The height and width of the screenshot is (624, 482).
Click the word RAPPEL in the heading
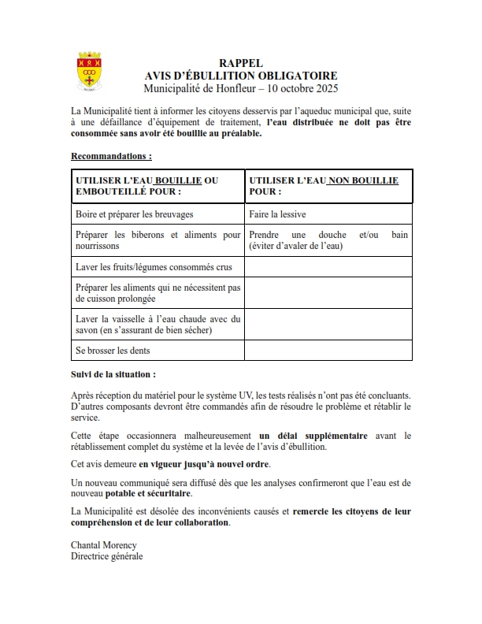tap(241, 63)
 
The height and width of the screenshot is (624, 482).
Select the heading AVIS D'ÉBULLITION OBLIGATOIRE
tap(241, 75)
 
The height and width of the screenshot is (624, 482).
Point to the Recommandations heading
tap(111, 156)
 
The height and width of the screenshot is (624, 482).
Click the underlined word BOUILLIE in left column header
tap(178, 180)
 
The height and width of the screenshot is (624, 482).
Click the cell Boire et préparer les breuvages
tap(134, 214)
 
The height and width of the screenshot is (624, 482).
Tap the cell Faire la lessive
tap(277, 214)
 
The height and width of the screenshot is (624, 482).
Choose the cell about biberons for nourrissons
tap(158, 240)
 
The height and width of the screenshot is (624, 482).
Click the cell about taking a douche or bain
tap(328, 240)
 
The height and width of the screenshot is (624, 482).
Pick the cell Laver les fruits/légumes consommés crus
tap(148, 267)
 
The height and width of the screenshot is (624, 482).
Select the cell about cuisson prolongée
tap(158, 293)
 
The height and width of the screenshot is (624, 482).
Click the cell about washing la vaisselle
tap(158, 324)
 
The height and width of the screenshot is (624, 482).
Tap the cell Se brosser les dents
tap(112, 350)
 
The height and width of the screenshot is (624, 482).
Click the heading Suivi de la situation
tap(113, 374)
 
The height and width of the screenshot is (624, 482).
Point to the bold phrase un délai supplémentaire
tap(313, 435)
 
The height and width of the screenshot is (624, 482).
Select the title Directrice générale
tap(107, 555)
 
